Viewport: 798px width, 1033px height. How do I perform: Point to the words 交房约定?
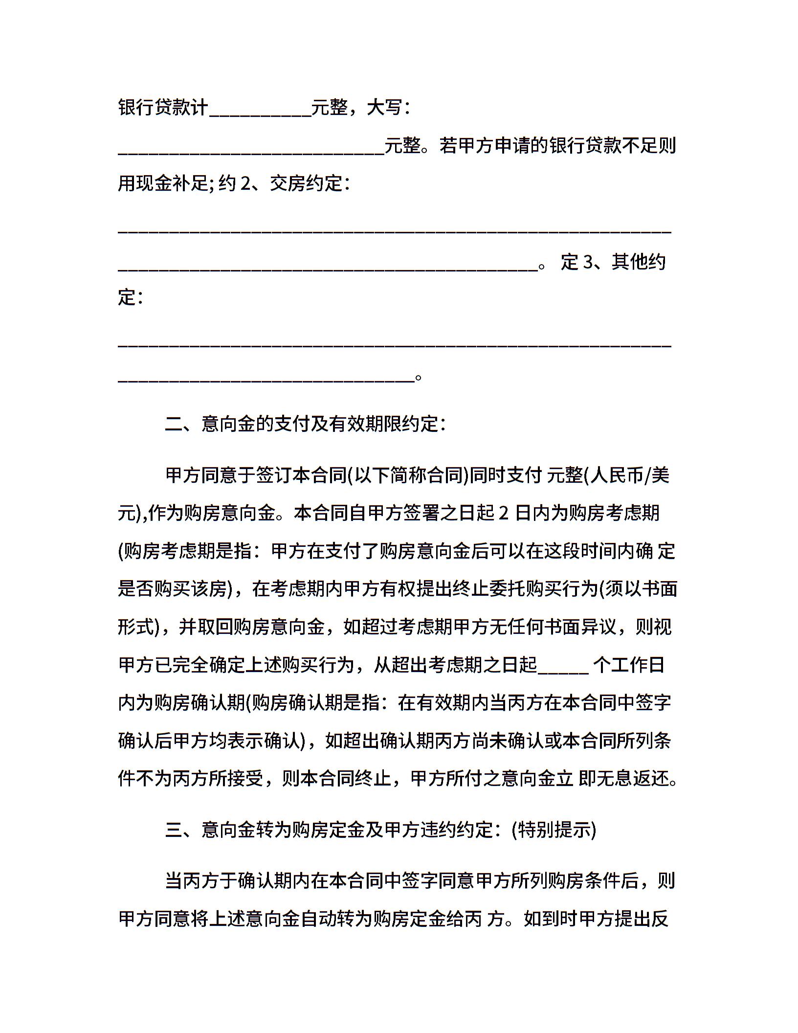pyautogui.click(x=306, y=183)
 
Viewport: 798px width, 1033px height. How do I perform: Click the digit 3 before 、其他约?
pyautogui.click(x=588, y=262)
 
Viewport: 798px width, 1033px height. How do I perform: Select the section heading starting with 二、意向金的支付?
pyautogui.click(x=305, y=424)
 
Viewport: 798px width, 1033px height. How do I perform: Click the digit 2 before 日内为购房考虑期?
pyautogui.click(x=504, y=513)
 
